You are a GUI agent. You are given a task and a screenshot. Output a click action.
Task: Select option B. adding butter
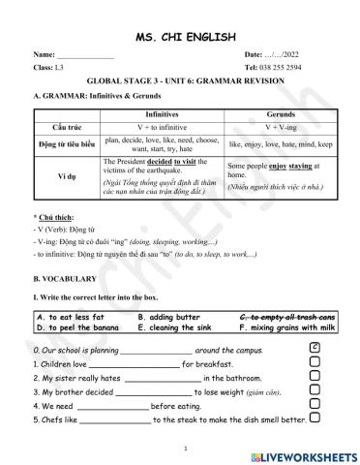tap(168, 317)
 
